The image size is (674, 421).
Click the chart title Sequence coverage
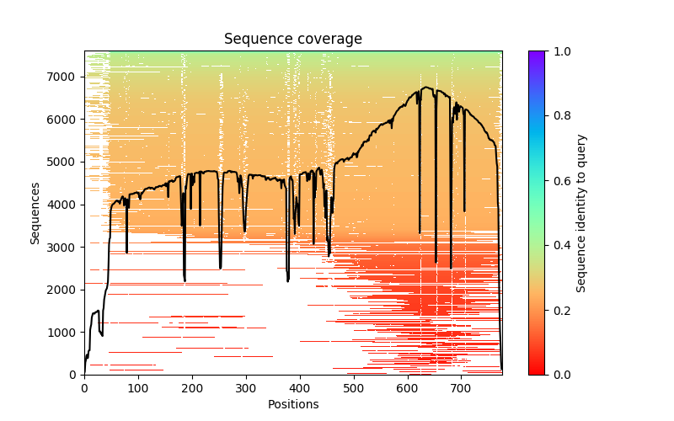pos(292,39)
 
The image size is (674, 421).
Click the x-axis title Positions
pos(292,404)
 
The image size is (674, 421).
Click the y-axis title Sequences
pos(35,212)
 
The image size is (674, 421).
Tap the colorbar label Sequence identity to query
pos(581,212)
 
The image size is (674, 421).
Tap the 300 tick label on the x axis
pos(246,388)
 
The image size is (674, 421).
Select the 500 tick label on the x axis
pos(354,388)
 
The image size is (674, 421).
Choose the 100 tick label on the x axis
pos(138,388)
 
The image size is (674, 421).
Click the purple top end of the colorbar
pos(536,54)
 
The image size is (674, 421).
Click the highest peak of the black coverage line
pos(427,87)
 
